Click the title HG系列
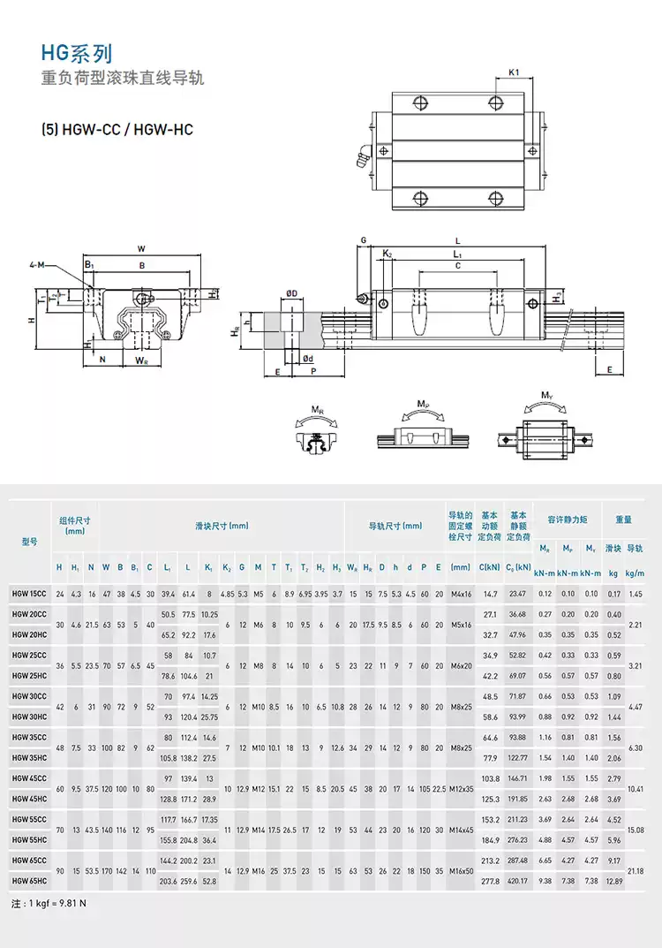77,55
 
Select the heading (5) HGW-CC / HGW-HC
117,130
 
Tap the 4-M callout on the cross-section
38,264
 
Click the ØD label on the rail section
291,293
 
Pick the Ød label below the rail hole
306,359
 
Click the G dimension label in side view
363,240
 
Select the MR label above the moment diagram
316,410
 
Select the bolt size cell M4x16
461,594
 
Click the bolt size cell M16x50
461,870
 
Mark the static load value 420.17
518,880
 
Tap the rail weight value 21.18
634,870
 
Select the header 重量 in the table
623,520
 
